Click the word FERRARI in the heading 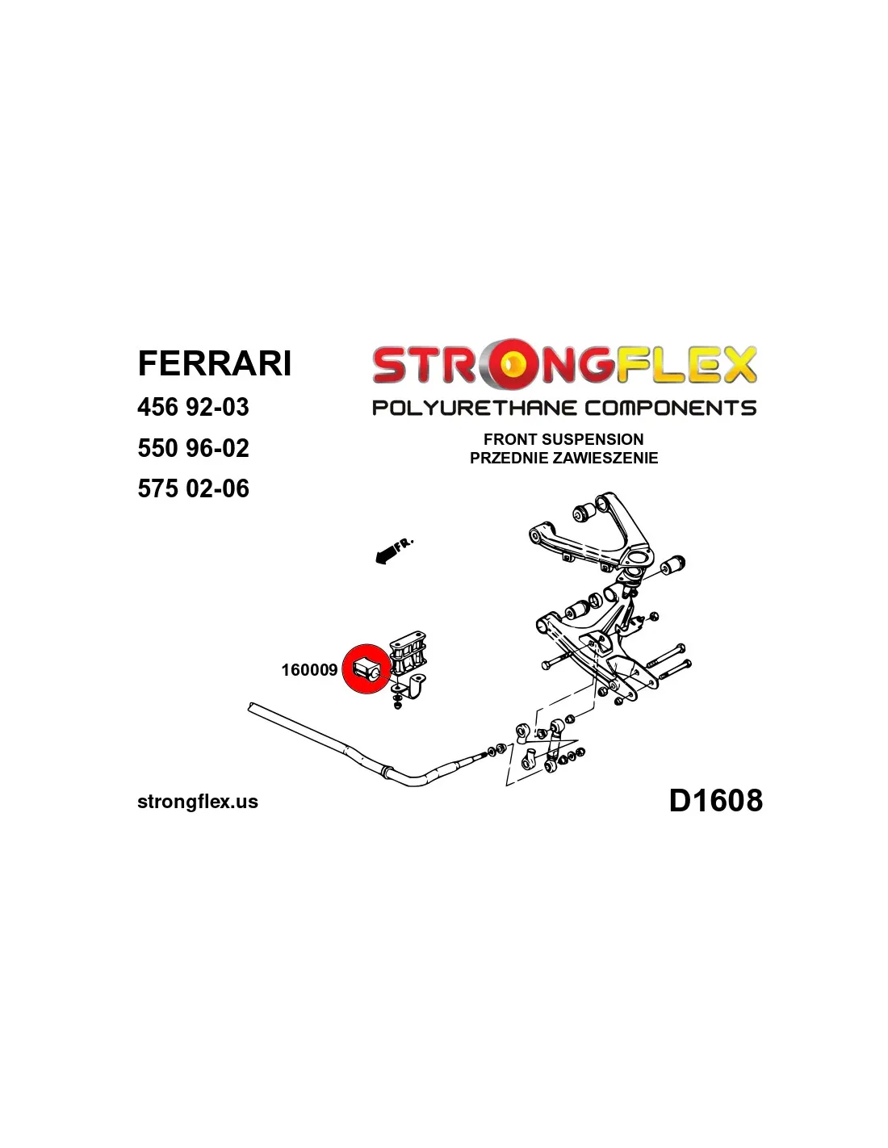click(214, 363)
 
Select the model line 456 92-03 click(193, 407)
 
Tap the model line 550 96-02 click(193, 448)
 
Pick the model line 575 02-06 click(193, 488)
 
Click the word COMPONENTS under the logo click(670, 408)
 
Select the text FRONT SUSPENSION click(563, 439)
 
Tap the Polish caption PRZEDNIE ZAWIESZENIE click(563, 458)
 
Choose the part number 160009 click(309, 670)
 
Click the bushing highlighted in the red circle click(367, 669)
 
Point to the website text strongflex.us click(198, 802)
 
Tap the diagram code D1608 click(715, 801)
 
